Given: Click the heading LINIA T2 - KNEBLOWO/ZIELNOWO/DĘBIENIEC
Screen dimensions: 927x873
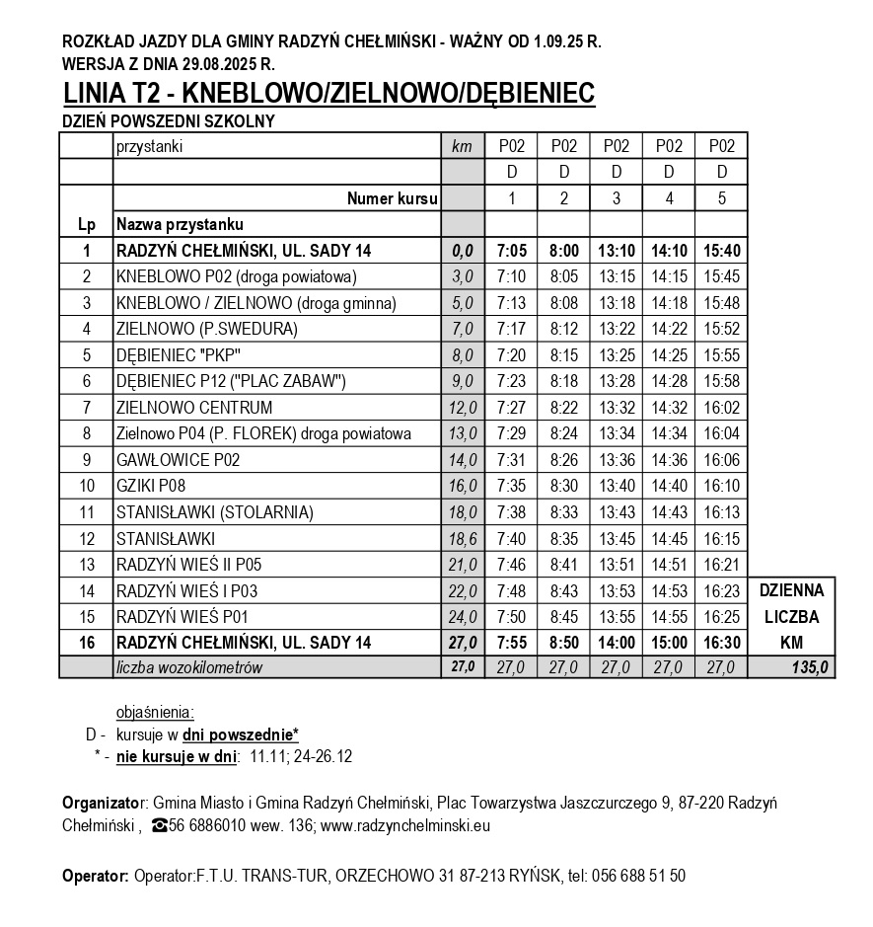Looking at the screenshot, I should tap(328, 94).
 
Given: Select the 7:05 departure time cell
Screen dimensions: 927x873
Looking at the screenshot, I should tap(511, 250).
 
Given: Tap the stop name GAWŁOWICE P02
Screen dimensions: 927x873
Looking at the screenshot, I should tap(178, 459).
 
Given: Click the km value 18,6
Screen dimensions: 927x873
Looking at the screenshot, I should tap(462, 539).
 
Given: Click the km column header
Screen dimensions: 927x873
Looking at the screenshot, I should tap(462, 146).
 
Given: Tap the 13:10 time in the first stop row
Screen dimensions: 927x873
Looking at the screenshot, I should tap(617, 250).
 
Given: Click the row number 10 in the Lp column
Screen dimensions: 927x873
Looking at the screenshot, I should tap(87, 486).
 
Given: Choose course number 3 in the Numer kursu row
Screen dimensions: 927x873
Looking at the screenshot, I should tap(617, 198).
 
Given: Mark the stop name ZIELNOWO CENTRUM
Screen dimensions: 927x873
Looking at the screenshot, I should tap(193, 407).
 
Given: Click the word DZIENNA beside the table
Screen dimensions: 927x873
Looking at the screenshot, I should tap(792, 590).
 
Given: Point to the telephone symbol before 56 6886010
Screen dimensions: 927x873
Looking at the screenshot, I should tap(159, 825).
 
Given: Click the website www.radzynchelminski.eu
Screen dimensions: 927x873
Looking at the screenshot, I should tap(406, 825).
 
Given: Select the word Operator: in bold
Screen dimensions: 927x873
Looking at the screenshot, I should tap(95, 875).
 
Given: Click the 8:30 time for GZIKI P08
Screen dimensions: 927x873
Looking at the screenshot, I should tap(563, 486).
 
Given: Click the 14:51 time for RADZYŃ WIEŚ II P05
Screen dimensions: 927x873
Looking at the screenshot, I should tap(669, 565).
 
